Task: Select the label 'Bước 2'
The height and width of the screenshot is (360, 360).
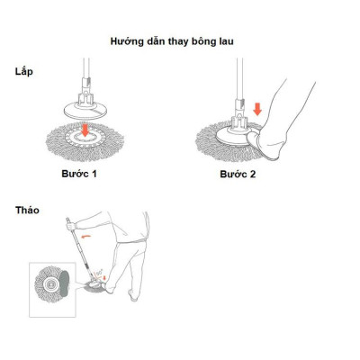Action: (238, 172)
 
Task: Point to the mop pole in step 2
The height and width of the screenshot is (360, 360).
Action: (238, 76)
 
